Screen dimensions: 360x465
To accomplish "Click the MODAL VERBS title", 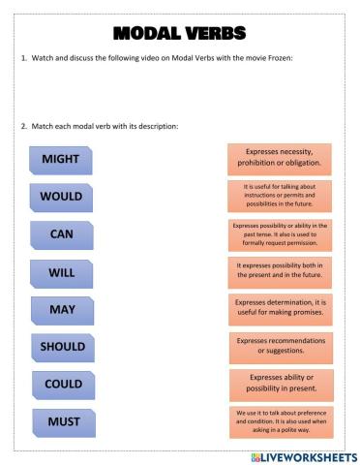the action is tap(180, 35).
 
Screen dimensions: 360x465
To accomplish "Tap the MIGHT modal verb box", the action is tap(61, 159).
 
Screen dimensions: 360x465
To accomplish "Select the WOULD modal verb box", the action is tap(61, 197).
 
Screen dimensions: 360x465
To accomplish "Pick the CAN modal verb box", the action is tap(61, 234).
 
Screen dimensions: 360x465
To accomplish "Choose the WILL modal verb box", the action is tap(61, 273).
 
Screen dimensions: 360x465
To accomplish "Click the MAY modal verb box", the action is tap(62, 310).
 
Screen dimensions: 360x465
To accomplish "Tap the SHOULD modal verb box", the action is tap(62, 347).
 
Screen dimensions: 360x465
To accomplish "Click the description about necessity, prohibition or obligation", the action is tap(280, 159).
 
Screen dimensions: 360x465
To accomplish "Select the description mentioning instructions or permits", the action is tap(280, 196).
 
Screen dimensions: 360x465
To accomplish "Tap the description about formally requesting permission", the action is tap(280, 233).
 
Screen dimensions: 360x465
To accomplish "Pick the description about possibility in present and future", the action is tap(280, 272).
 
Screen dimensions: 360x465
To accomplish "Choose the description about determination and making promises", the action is tap(281, 310).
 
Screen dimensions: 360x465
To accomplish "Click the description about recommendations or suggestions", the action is tap(281, 346).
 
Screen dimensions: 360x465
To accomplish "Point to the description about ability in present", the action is tap(281, 384).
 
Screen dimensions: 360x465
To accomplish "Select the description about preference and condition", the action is tap(281, 421).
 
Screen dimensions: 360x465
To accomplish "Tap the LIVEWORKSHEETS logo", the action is tap(304, 455).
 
